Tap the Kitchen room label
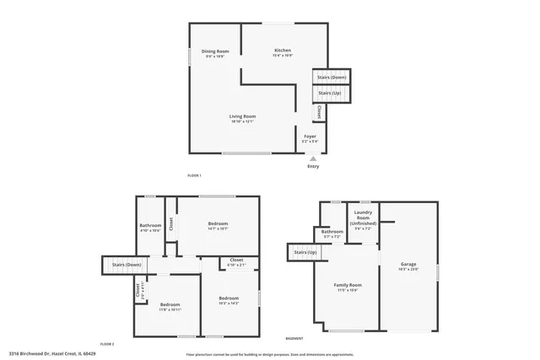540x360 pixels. coord(283,51)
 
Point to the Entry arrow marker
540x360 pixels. coord(313,158)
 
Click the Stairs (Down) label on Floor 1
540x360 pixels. coord(332,77)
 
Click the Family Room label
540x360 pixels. coord(348,287)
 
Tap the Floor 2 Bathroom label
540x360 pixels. coord(150,226)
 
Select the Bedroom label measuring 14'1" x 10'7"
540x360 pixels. coord(219,224)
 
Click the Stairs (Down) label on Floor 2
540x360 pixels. coord(127,266)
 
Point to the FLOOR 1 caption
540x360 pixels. coord(195,175)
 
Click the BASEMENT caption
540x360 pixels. coord(294,337)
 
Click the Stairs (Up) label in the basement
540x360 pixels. coord(305,252)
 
